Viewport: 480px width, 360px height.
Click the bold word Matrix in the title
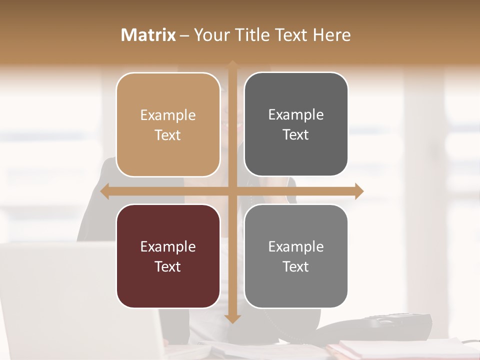(x=148, y=35)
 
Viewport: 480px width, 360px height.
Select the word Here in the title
(x=332, y=35)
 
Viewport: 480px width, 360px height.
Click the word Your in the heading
(x=209, y=35)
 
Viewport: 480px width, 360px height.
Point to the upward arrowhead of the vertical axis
(x=232, y=64)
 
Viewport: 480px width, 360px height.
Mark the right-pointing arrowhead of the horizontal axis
(x=358, y=191)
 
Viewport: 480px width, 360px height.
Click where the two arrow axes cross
(x=232, y=191)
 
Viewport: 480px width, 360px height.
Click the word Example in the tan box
(x=168, y=115)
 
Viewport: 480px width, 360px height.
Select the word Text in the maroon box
(x=168, y=266)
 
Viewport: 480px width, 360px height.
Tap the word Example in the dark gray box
(x=296, y=115)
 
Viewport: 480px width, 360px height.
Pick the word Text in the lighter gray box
(x=296, y=266)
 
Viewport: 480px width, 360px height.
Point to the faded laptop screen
(x=75, y=300)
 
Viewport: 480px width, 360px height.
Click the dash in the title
(x=184, y=35)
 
